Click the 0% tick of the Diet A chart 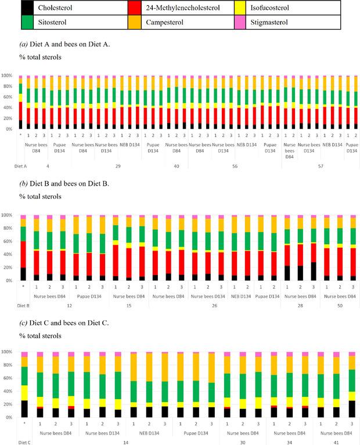pyautogui.click(x=10, y=129)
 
